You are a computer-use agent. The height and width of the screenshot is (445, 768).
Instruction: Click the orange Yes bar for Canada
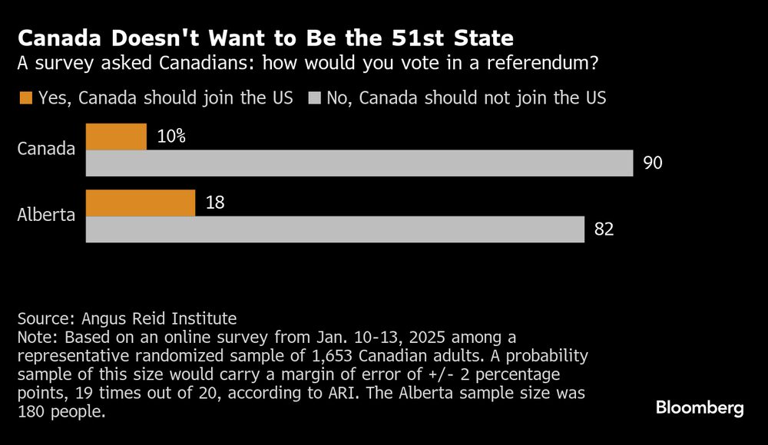[116, 137]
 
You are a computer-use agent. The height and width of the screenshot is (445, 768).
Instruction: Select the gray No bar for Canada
[359, 163]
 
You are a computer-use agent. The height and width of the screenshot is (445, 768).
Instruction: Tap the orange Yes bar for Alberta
[141, 203]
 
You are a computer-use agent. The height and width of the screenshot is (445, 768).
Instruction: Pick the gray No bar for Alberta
[335, 229]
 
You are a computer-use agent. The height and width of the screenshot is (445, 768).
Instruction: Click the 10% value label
[170, 137]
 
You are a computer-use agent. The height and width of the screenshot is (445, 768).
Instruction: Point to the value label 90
[652, 163]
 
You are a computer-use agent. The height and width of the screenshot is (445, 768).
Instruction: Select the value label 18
[215, 203]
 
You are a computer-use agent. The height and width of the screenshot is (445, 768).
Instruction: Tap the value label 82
[604, 229]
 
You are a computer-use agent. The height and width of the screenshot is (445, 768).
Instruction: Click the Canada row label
[46, 148]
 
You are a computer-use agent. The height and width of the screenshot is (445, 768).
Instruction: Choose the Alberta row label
[46, 214]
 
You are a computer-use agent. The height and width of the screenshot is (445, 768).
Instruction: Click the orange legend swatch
[25, 98]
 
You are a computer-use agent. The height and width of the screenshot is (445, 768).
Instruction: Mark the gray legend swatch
[314, 98]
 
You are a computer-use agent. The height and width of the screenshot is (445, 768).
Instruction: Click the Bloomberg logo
[700, 408]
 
